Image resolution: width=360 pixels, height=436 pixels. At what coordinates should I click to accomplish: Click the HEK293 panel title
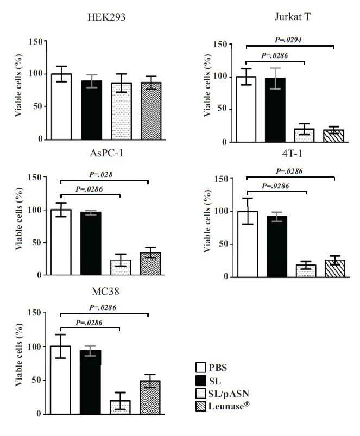point(106,17)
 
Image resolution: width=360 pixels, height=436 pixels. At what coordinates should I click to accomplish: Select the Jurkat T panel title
point(293,17)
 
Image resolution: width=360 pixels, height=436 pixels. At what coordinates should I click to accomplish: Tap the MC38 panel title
point(105,292)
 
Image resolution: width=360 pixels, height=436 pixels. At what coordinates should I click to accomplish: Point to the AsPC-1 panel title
point(106,153)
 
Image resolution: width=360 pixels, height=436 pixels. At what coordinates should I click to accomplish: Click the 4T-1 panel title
point(292,153)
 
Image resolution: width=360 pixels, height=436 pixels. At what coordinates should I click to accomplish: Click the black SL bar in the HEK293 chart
point(91,110)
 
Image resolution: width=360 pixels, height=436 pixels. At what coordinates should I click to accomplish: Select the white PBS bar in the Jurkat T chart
point(246,109)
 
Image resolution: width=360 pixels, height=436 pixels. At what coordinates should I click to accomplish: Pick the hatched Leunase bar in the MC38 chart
point(150,397)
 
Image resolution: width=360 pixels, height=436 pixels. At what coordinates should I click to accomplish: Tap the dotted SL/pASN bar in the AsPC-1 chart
point(121,268)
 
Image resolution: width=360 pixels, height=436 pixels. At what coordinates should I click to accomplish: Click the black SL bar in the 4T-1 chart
point(276,247)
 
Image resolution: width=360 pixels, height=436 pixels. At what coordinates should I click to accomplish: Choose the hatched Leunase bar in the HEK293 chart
point(151,111)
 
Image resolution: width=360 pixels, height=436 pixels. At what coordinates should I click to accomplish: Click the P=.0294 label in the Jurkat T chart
point(288,40)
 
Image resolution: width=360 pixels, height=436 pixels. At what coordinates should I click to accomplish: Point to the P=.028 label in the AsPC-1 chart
point(100,175)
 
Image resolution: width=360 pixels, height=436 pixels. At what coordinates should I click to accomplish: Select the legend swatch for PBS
point(201,368)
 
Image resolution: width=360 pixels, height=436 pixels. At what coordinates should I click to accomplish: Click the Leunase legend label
point(229,406)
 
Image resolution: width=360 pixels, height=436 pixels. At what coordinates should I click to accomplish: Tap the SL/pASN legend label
point(229,394)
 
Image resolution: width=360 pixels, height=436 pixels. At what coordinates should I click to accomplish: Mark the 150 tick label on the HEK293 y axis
point(36,41)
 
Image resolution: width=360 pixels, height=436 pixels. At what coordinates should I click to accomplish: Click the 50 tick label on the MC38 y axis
point(36,380)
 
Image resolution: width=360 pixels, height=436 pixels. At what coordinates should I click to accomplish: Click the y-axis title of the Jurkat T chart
point(207,86)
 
